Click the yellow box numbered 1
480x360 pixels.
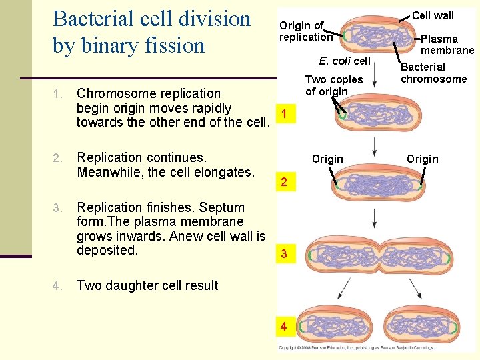pos(284,114)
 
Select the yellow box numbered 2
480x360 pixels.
pos(284,183)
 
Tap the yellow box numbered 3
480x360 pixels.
pos(284,254)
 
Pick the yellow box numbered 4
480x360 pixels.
pos(284,327)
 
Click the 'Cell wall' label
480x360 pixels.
pos(433,15)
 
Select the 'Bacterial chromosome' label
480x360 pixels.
pos(433,73)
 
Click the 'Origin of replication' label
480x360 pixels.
pos(305,31)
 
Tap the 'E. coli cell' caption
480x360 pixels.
pos(344,61)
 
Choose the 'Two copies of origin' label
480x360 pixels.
pos(333,85)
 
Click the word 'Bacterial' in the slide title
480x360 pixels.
pos(97,19)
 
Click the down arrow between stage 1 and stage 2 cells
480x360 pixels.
pos(375,146)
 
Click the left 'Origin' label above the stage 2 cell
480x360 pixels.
pos(327,159)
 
